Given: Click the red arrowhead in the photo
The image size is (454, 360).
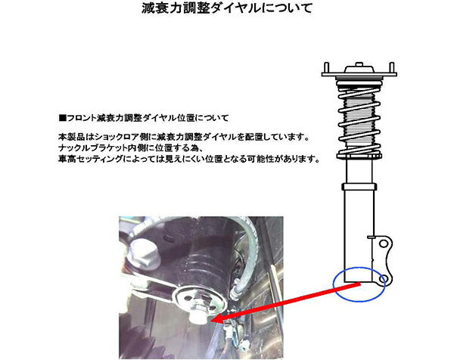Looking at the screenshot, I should (214, 318).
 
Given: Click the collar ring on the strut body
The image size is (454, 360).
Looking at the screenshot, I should (358, 185).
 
